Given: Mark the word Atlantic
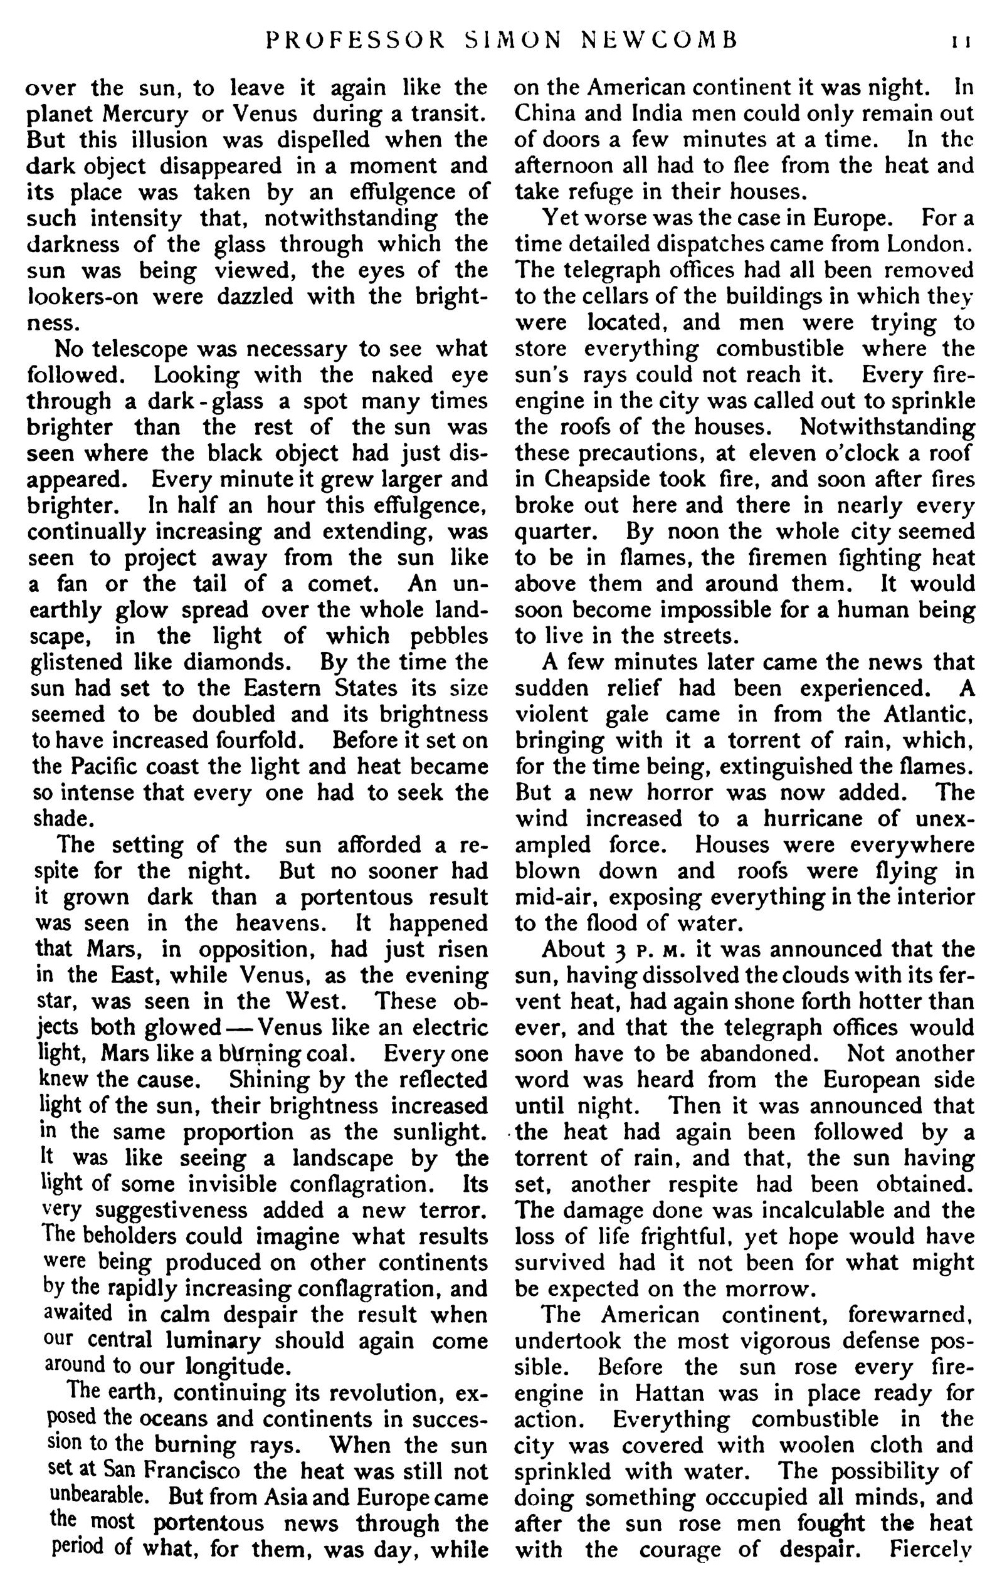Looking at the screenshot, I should (926, 715).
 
